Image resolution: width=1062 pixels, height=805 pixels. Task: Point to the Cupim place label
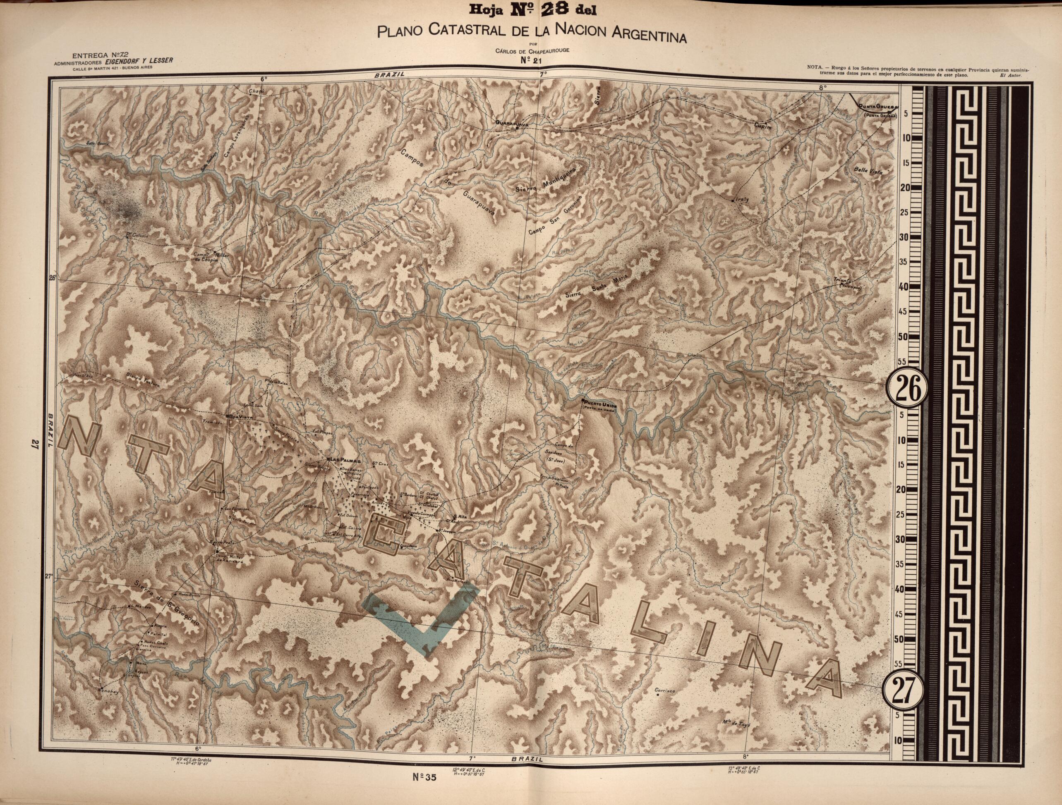coord(765,126)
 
